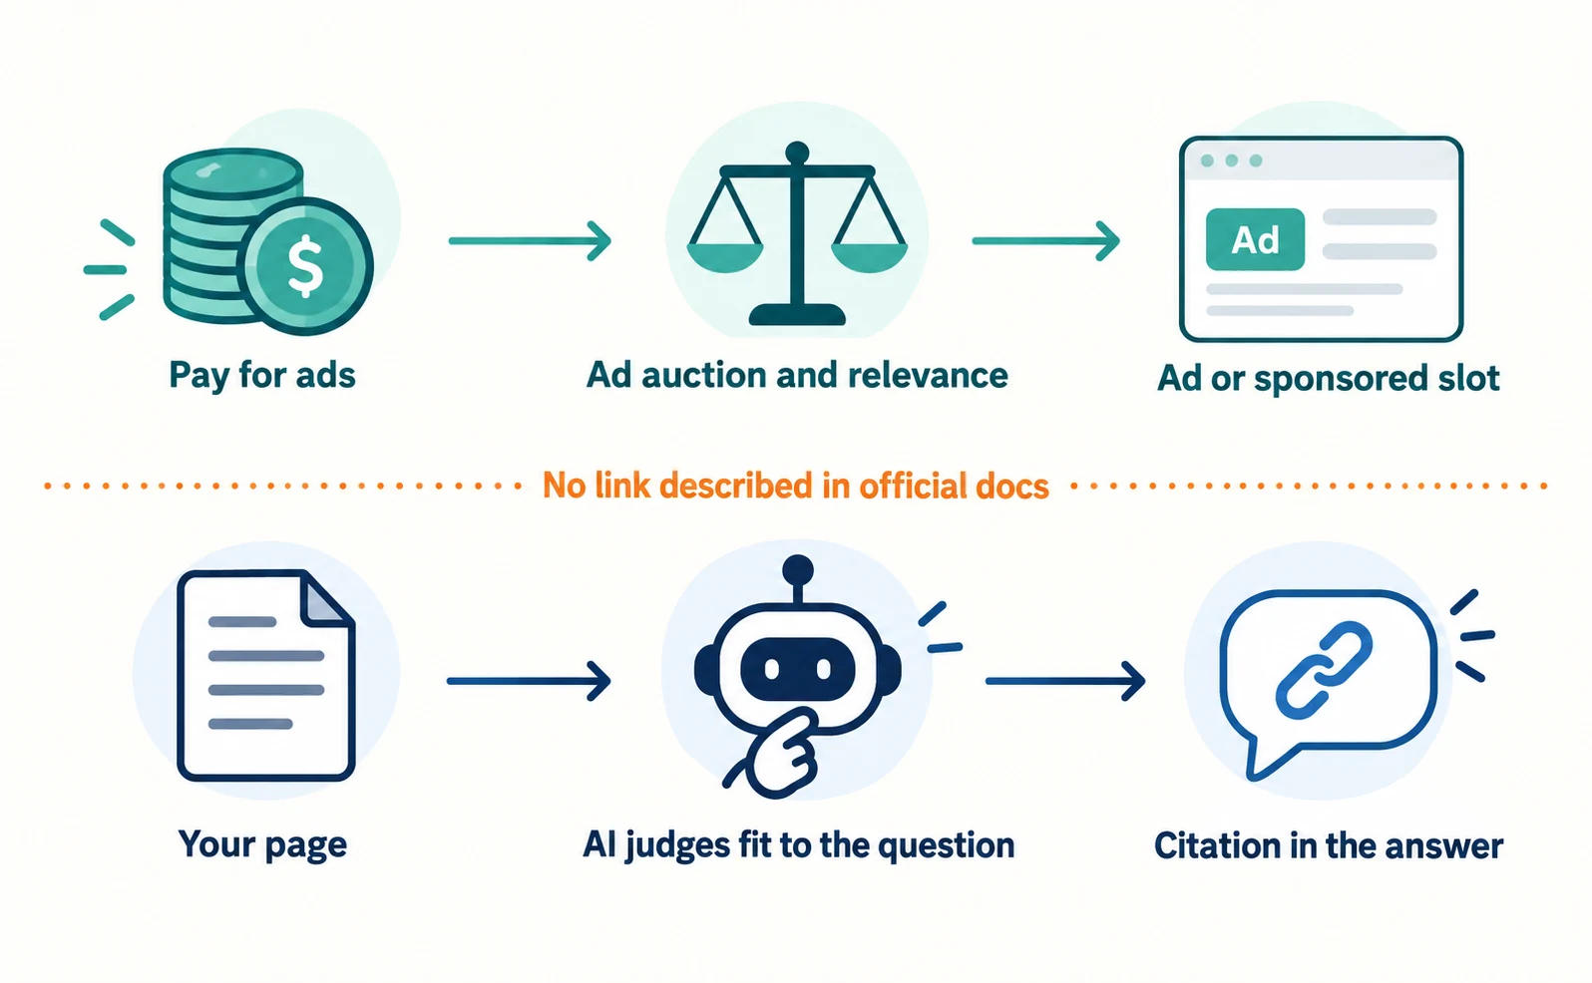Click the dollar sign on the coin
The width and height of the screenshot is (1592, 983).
tap(305, 267)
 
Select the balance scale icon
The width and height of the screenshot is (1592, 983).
tap(797, 233)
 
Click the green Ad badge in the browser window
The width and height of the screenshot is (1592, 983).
tap(1255, 239)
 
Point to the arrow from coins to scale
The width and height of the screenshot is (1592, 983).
tap(530, 241)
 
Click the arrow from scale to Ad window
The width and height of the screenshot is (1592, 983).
tap(1046, 241)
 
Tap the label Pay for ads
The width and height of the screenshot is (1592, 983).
tap(262, 375)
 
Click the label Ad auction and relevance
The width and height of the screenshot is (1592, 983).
tap(797, 375)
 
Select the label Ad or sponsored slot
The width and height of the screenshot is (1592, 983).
tap(1329, 378)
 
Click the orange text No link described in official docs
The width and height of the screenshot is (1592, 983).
tap(796, 487)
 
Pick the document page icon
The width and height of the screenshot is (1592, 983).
tap(265, 675)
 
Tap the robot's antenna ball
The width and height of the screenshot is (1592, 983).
tap(797, 570)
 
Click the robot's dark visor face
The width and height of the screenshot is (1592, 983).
tap(797, 669)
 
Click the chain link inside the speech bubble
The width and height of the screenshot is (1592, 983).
tap(1324, 669)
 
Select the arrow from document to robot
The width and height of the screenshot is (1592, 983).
tap(529, 681)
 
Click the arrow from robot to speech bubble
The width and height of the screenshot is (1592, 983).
tap(1065, 681)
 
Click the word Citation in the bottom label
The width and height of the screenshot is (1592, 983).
tap(1213, 846)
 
